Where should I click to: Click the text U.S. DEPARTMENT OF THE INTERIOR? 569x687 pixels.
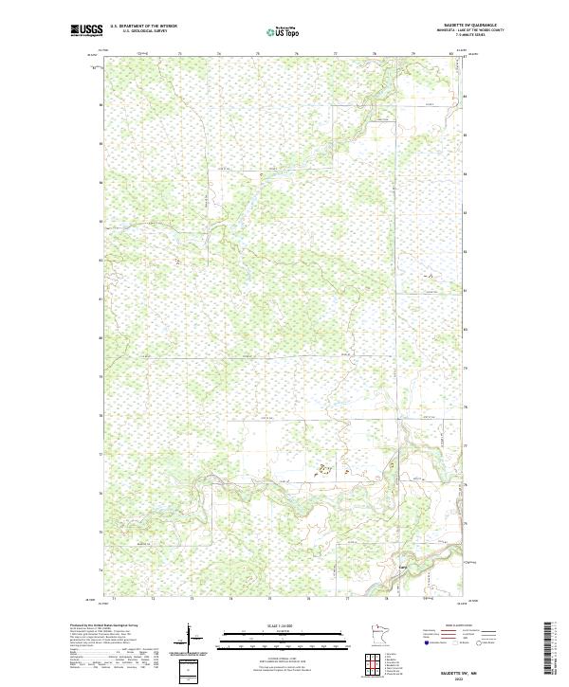143,26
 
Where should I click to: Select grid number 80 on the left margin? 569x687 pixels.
101,337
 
